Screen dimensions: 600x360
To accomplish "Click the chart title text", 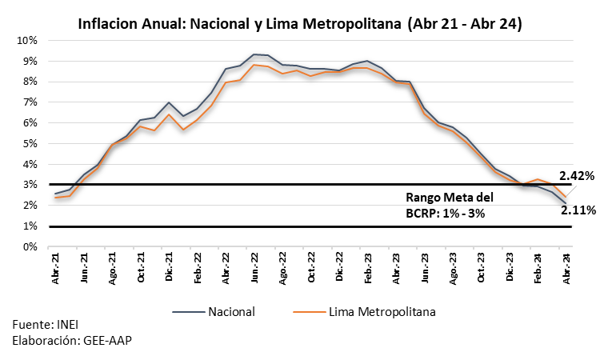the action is click(x=300, y=23).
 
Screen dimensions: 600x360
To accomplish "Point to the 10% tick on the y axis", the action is click(x=26, y=41).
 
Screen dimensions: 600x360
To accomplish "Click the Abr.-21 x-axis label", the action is click(x=55, y=269).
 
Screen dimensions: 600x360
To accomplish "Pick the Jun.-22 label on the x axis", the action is click(x=254, y=268).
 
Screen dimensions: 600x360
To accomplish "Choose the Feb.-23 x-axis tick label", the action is click(x=368, y=268).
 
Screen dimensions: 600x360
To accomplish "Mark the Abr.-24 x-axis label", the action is click(x=567, y=269).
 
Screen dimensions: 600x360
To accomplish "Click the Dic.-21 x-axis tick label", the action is click(x=169, y=267).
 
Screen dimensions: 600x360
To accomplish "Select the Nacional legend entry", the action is click(x=214, y=312).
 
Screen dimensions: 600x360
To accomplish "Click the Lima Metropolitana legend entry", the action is click(x=364, y=312).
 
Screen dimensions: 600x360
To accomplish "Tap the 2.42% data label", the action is click(x=577, y=176).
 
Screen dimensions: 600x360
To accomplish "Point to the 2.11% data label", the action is click(x=578, y=210).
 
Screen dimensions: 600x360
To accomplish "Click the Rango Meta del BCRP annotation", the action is click(x=450, y=205).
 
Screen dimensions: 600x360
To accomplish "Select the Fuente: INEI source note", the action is click(x=45, y=325).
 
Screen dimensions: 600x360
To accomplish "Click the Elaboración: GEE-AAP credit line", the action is click(x=72, y=340).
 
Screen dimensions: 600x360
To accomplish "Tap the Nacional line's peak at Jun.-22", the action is click(x=254, y=54).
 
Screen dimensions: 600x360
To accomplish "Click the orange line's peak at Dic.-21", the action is click(x=169, y=114).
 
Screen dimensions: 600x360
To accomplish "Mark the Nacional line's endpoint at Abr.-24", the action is click(x=566, y=203).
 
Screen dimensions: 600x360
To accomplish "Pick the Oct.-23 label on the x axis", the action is click(x=482, y=267).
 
